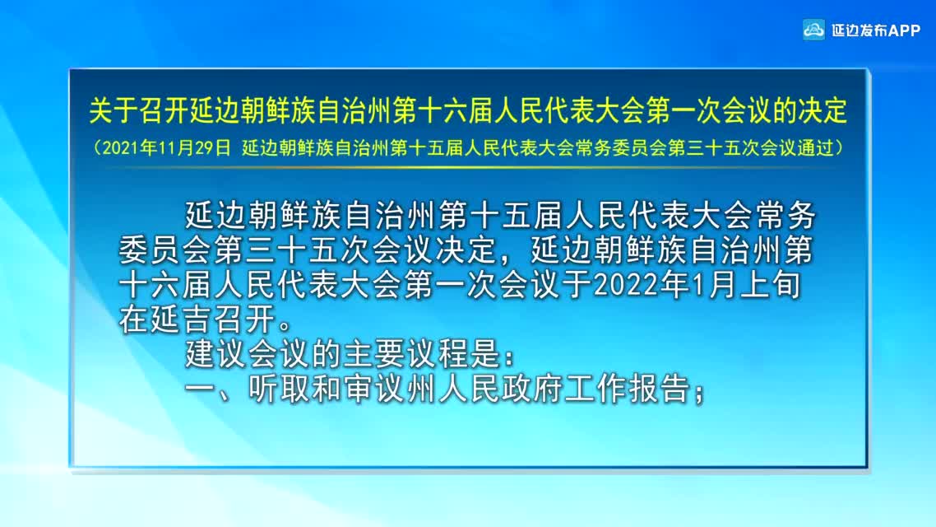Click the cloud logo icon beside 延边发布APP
(813, 30)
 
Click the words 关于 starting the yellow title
(114, 111)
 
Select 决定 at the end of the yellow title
(823, 111)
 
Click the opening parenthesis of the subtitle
(97, 148)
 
